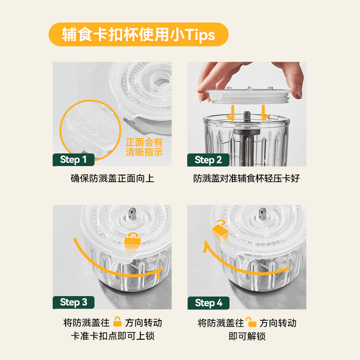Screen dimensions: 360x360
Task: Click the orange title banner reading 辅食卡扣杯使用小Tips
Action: (x=139, y=35)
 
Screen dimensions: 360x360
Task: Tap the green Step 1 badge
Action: (x=73, y=160)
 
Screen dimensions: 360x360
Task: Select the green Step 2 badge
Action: (x=208, y=160)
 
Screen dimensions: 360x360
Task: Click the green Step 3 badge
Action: (x=73, y=302)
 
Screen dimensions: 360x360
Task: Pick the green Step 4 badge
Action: (x=208, y=303)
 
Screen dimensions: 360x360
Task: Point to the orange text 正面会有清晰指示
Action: (x=144, y=147)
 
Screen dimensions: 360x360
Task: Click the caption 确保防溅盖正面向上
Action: (x=112, y=178)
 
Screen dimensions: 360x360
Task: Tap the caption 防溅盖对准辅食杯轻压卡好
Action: (x=246, y=178)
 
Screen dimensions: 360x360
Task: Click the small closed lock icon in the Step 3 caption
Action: (x=117, y=322)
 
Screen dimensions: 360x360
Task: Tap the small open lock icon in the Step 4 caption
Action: (x=251, y=322)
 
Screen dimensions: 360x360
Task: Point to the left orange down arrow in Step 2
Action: (x=232, y=113)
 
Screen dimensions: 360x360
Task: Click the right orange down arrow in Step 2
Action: (x=264, y=113)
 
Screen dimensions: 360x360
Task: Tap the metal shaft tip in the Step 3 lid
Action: (x=132, y=213)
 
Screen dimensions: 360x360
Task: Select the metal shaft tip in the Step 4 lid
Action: (x=262, y=213)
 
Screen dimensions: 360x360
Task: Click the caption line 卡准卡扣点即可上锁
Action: (x=112, y=336)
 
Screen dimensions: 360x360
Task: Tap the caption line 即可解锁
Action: (x=247, y=336)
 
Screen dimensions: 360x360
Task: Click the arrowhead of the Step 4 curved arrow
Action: (x=206, y=247)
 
